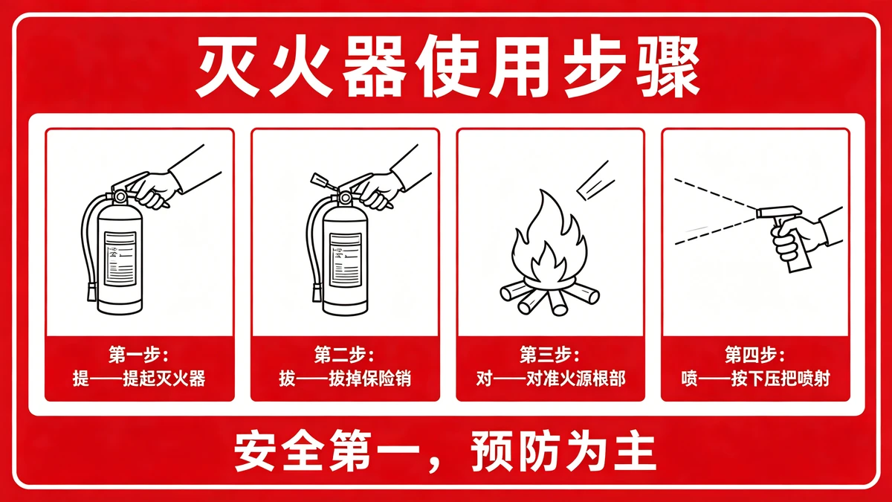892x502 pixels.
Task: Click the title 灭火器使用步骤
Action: pyautogui.click(x=446, y=68)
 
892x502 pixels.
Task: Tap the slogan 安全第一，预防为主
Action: pyautogui.click(x=446, y=451)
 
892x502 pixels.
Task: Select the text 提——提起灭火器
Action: pyautogui.click(x=139, y=379)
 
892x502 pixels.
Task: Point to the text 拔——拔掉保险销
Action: pyautogui.click(x=344, y=379)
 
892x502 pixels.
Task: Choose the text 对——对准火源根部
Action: pyautogui.click(x=550, y=379)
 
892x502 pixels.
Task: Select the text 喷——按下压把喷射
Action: pyautogui.click(x=755, y=379)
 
